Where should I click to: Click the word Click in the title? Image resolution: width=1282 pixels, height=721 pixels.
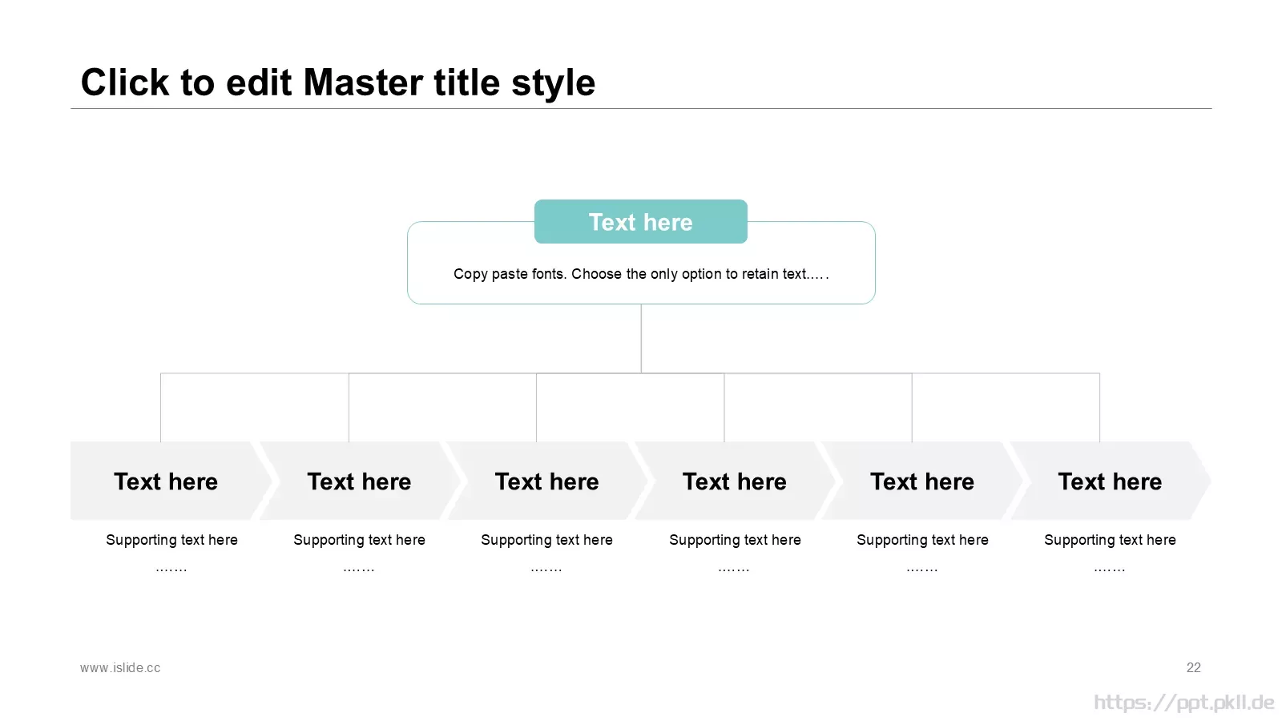(x=125, y=83)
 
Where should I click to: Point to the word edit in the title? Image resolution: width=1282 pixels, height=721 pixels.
(x=259, y=83)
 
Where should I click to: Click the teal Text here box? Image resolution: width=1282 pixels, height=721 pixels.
(x=640, y=221)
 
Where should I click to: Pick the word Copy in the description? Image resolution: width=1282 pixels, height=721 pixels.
(x=470, y=274)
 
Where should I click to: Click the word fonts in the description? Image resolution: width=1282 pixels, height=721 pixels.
(x=549, y=273)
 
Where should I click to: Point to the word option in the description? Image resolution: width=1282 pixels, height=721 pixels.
(x=702, y=274)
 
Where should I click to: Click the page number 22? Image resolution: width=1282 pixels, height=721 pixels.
(x=1193, y=667)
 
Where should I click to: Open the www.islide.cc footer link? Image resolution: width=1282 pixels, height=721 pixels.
(x=120, y=667)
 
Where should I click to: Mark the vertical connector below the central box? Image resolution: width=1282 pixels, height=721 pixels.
(x=641, y=338)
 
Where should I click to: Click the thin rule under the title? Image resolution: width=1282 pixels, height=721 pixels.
(x=641, y=108)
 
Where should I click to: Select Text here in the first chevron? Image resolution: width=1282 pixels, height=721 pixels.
(x=165, y=481)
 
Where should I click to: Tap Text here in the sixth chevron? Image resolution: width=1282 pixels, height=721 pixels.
(x=1110, y=481)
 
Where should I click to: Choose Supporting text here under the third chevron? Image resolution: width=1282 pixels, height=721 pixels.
(x=546, y=540)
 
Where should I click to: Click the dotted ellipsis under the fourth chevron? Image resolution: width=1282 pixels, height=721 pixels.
(x=734, y=570)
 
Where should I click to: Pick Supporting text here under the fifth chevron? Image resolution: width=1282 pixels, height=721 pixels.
(x=922, y=540)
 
